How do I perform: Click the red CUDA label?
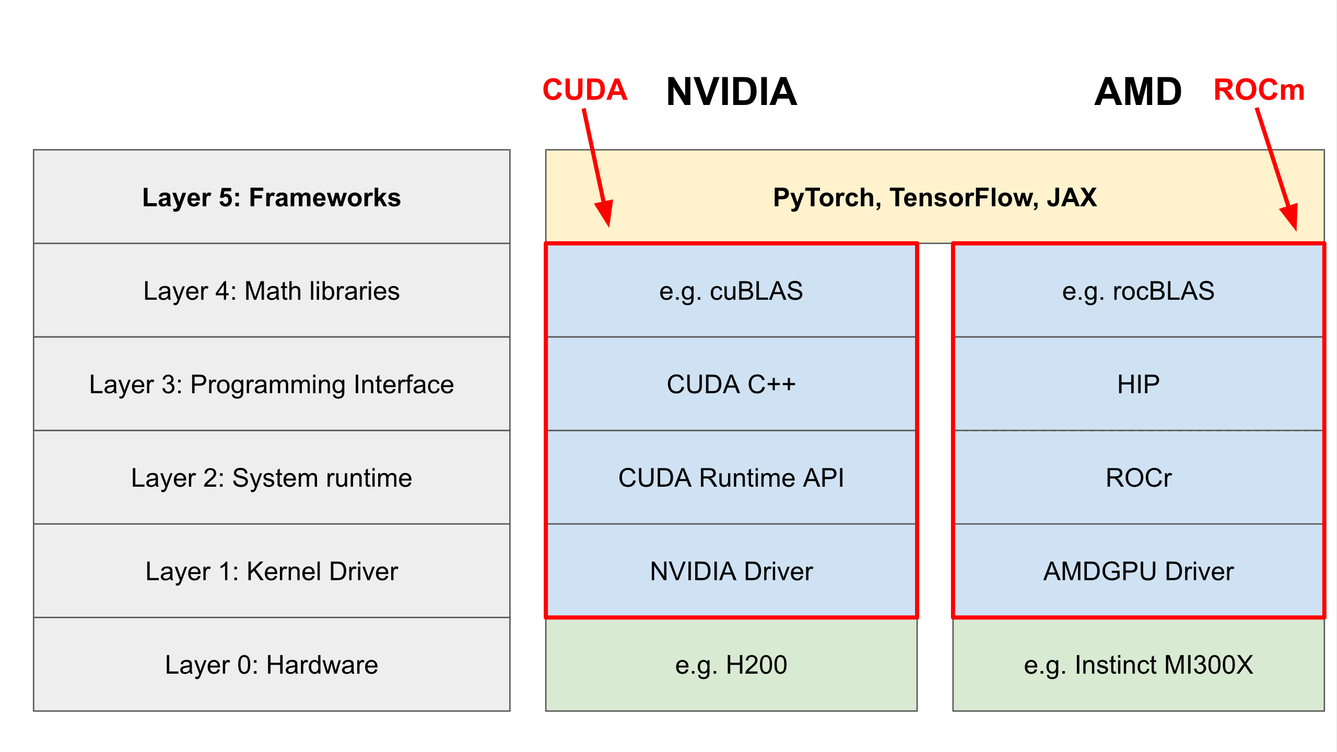coord(584,90)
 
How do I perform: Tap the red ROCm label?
coord(1259,90)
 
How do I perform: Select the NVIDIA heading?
coord(731,92)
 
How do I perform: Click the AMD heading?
coord(1137,92)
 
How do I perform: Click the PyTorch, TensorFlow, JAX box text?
coord(934,197)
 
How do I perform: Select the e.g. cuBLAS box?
coord(731,290)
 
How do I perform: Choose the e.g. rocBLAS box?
coord(1138,290)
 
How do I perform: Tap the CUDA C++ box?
coord(731,384)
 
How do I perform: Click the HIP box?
coord(1138,384)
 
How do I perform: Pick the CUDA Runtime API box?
coord(731,478)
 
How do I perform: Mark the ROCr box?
coord(1138,478)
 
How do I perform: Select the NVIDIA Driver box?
coord(731,571)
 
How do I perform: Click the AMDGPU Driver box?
coord(1138,571)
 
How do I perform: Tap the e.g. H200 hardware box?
coord(731,665)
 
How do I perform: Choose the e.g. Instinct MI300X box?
coord(1138,665)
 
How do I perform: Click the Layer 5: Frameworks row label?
coord(272,197)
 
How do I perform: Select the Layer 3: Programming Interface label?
coord(272,384)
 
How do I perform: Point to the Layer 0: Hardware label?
coord(272,665)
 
